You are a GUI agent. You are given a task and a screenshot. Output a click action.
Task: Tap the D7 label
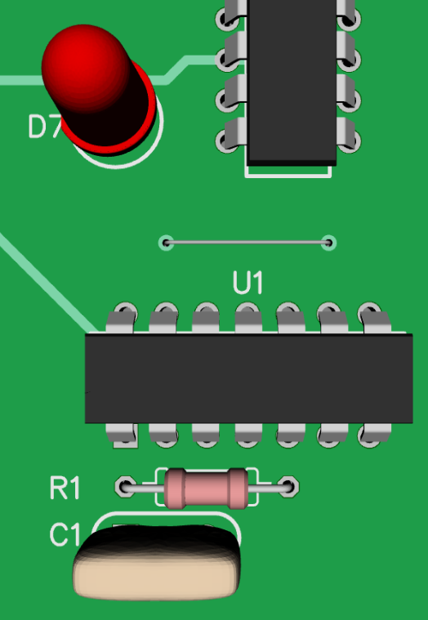pyautogui.click(x=44, y=127)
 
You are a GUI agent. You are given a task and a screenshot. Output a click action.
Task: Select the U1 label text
pyautogui.click(x=247, y=283)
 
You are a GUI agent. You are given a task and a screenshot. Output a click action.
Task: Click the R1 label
pyautogui.click(x=65, y=488)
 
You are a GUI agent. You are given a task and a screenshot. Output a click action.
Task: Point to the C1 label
pyautogui.click(x=65, y=534)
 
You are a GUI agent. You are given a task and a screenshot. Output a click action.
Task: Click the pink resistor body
pyautogui.click(x=206, y=488)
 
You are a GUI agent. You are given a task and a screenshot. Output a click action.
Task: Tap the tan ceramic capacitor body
pyautogui.click(x=157, y=561)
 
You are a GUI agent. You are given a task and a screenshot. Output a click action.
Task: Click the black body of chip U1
pyautogui.click(x=249, y=378)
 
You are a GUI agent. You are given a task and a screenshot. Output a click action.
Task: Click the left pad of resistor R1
pyautogui.click(x=126, y=487)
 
